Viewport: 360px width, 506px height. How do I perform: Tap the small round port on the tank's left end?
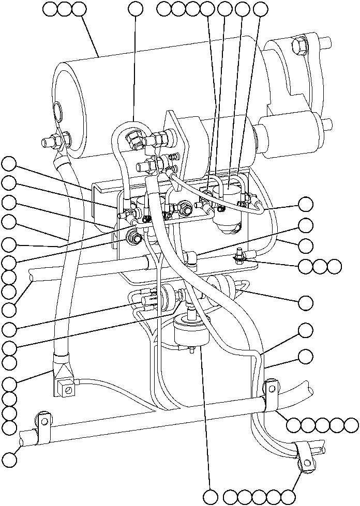(56, 110)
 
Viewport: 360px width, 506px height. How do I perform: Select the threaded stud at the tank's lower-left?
(51, 141)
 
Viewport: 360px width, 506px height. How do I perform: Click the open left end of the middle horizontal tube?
(33, 278)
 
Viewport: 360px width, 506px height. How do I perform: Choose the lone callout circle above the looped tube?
(136, 8)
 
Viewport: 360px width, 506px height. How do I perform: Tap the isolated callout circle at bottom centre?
(211, 497)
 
